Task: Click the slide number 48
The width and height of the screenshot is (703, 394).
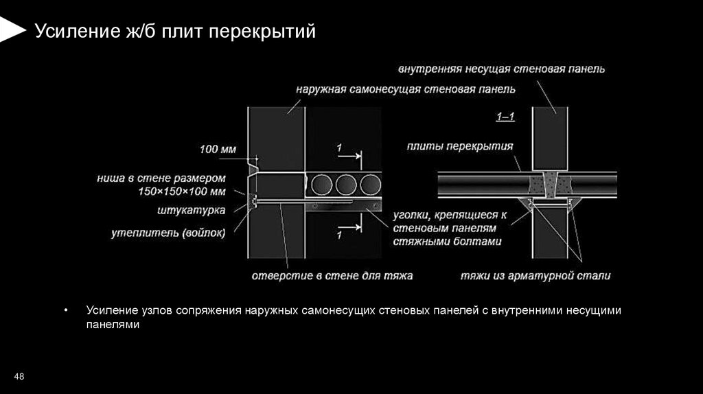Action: click(x=19, y=376)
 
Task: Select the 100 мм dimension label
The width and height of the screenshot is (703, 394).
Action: click(x=218, y=149)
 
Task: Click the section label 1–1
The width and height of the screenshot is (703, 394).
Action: click(x=507, y=117)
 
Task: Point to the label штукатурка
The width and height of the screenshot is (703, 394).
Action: click(x=196, y=209)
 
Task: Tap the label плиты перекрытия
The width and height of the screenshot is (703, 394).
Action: click(x=459, y=146)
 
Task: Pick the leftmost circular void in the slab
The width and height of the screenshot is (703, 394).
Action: click(x=320, y=186)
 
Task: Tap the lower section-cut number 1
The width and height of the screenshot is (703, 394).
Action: click(x=339, y=235)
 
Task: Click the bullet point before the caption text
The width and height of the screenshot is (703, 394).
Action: click(x=66, y=311)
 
